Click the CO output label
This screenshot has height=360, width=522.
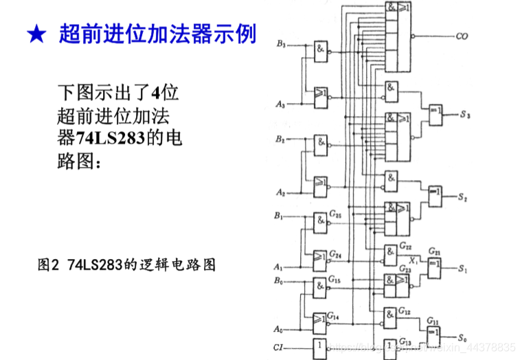point(461,36)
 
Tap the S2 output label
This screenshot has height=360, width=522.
point(464,197)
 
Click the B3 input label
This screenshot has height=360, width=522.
point(280,44)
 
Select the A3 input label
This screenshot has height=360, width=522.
point(280,104)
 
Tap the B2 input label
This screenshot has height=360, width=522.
point(280,139)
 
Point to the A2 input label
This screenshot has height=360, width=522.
point(280,192)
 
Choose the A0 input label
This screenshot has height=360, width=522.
point(278,328)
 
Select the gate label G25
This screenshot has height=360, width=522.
point(335,215)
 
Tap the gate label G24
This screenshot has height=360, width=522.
point(335,255)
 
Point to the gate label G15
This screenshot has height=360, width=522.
point(334,280)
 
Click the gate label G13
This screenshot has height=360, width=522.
point(405,342)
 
